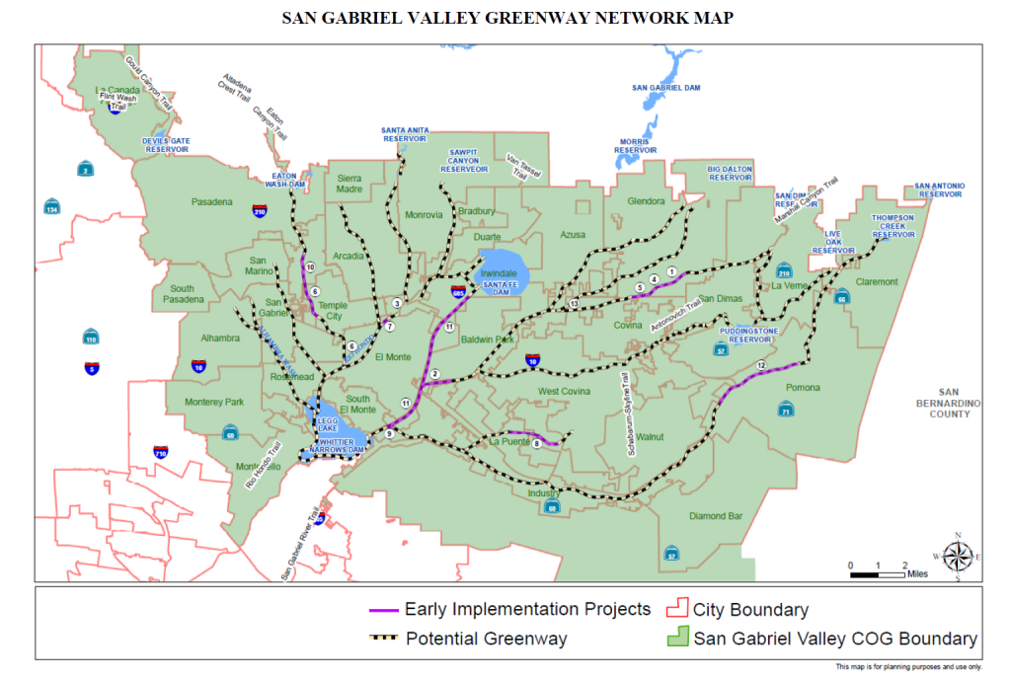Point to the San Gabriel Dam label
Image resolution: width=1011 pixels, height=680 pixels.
(665, 89)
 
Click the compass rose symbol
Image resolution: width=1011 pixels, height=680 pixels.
(957, 557)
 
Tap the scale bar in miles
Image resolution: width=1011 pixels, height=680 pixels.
(878, 571)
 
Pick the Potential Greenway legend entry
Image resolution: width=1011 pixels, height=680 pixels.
(468, 639)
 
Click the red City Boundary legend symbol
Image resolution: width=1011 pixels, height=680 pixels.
(678, 609)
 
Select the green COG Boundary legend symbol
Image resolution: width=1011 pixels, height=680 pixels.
(678, 638)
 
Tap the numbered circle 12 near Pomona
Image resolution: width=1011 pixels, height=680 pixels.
(760, 366)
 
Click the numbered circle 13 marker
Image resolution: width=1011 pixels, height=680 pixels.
(574, 305)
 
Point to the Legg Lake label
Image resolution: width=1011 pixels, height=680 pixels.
(326, 422)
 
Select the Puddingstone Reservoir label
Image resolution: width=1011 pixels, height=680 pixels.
(748, 335)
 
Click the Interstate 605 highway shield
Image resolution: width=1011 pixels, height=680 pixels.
(458, 292)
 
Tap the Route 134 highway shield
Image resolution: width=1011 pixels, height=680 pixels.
(50, 208)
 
